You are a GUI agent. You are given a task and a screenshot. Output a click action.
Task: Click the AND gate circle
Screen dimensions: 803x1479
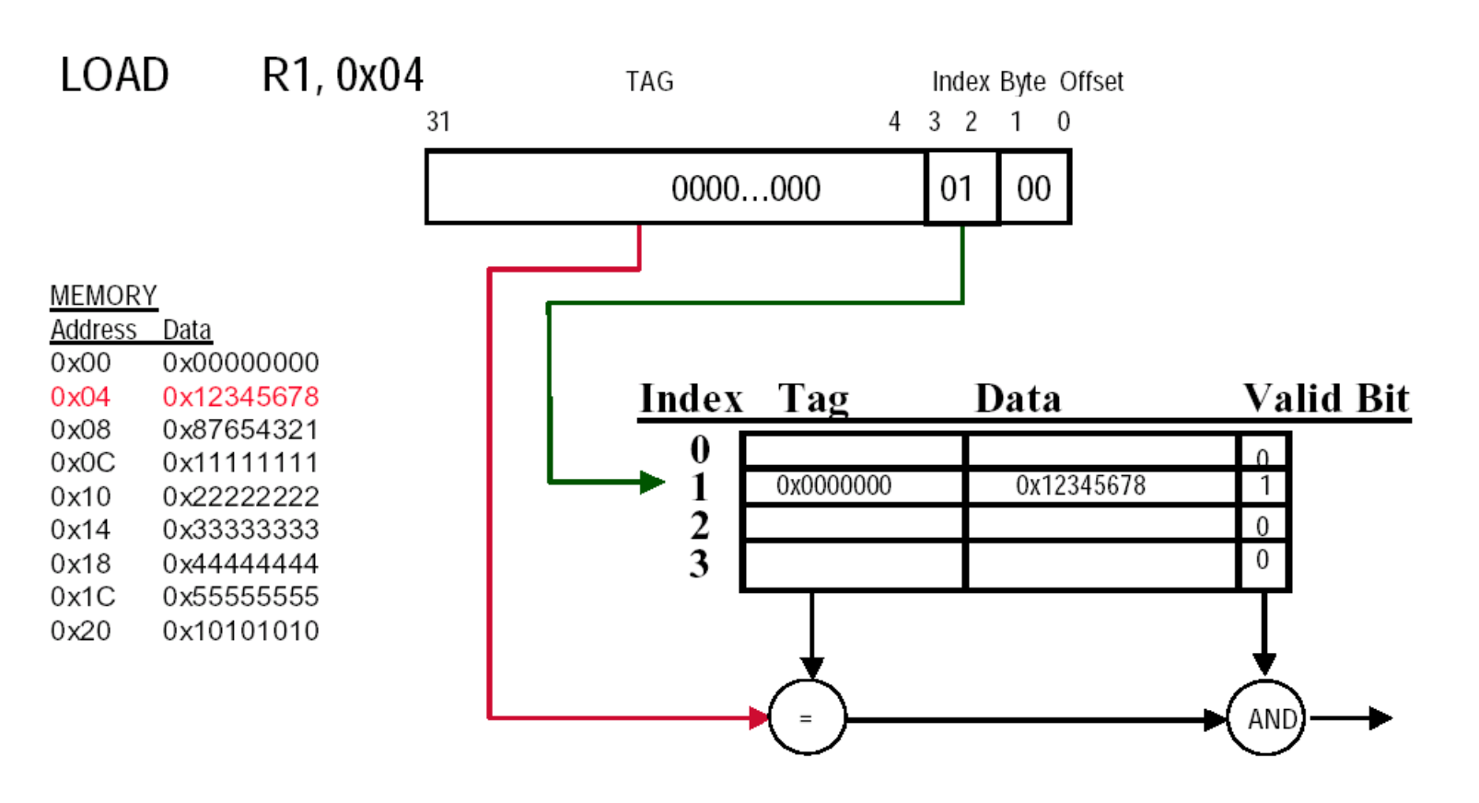(x=1266, y=718)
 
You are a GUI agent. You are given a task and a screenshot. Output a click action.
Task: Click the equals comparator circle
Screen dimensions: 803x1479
(x=807, y=718)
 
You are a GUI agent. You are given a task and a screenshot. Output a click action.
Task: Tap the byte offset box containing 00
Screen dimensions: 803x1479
(x=1034, y=189)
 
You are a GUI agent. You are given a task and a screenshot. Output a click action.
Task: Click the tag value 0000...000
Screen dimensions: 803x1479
(x=745, y=189)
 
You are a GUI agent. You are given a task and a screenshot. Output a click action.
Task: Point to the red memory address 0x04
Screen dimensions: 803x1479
(x=80, y=397)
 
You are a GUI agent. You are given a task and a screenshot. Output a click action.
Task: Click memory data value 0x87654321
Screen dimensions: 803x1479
(x=240, y=430)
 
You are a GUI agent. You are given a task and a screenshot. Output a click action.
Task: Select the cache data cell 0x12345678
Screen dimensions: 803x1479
(x=1080, y=485)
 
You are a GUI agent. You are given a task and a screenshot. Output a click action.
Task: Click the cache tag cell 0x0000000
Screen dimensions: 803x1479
(x=833, y=485)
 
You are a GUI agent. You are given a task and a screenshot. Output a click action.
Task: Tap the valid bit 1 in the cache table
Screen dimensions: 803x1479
(x=1264, y=485)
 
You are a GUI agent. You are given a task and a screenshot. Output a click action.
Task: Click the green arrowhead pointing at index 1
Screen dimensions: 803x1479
(x=653, y=482)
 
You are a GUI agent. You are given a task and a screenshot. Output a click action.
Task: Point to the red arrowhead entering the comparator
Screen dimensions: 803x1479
(x=759, y=717)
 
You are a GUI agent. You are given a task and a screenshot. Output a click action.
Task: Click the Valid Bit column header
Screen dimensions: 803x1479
(x=1325, y=399)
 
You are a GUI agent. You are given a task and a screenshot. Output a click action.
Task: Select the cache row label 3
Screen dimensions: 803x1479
(x=699, y=564)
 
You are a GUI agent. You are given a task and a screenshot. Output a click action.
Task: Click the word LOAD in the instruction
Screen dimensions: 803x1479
(x=114, y=76)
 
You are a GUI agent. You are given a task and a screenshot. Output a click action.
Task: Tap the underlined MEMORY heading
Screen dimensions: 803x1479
(x=103, y=296)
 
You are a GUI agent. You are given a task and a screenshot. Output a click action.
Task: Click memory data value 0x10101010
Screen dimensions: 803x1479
(x=240, y=631)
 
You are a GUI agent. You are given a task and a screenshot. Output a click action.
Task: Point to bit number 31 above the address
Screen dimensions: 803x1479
(x=438, y=122)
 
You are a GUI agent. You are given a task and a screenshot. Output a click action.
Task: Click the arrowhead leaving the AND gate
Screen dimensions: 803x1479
(x=1380, y=717)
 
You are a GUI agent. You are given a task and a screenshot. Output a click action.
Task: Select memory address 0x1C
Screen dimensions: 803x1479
(x=83, y=597)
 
